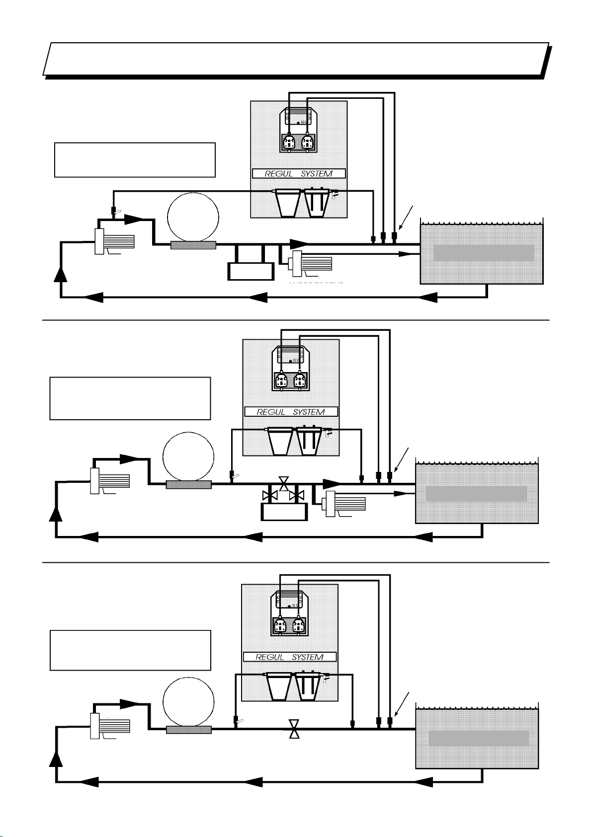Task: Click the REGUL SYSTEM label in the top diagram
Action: [291, 174]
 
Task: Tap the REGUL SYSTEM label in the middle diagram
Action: [291, 412]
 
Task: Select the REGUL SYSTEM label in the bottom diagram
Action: [289, 657]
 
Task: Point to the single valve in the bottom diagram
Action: [294, 728]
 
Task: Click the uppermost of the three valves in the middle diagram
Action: [284, 483]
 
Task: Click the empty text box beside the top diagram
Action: [134, 160]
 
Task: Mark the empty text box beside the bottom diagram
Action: [130, 650]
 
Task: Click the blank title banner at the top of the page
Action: [296, 59]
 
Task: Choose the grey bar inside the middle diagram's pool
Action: [476, 494]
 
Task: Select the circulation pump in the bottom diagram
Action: [110, 726]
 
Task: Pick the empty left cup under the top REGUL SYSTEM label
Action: [287, 204]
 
